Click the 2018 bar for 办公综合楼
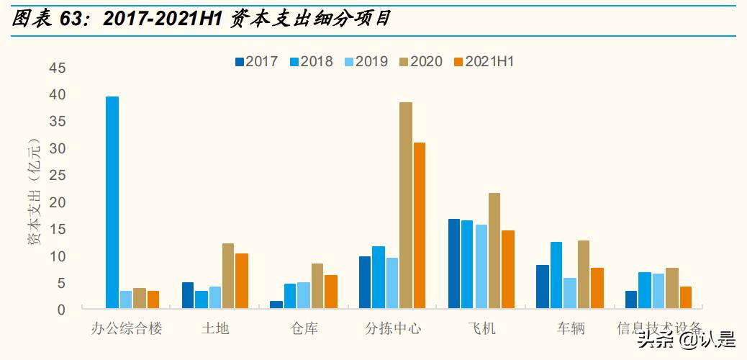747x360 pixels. [112, 202]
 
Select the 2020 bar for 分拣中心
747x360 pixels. [406, 205]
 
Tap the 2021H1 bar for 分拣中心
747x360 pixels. [420, 225]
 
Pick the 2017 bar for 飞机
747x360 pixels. [454, 264]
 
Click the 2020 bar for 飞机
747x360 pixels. [494, 251]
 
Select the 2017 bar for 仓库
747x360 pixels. [276, 305]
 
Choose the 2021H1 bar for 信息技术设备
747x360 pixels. [685, 297]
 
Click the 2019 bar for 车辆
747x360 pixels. [570, 293]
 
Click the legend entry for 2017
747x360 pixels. [256, 62]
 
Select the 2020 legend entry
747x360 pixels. [420, 62]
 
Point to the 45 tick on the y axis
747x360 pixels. [58, 68]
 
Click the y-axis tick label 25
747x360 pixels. [58, 175]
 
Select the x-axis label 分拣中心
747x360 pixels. [392, 329]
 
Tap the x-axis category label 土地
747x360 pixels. [215, 329]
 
